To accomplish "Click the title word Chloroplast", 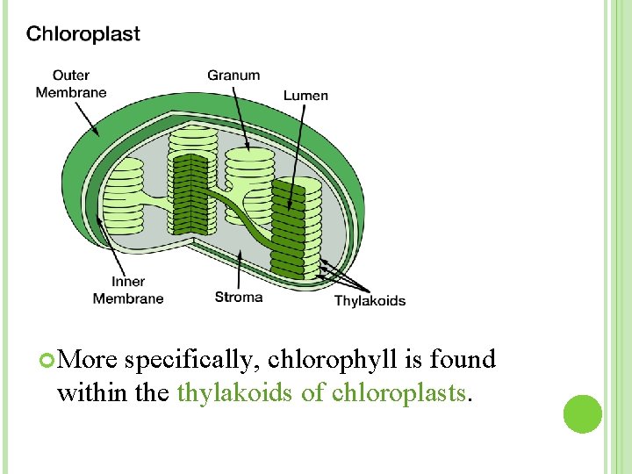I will click(x=83, y=35).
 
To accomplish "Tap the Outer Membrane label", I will click(x=71, y=83).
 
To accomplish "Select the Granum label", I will click(x=233, y=75).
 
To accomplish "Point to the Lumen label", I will click(x=305, y=94).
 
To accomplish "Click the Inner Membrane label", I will click(x=128, y=291).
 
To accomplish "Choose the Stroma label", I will click(x=239, y=297).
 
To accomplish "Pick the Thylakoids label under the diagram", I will click(x=370, y=300).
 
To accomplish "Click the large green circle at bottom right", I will click(x=582, y=414).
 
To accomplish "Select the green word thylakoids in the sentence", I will click(x=235, y=391).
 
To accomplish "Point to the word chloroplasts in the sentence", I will click(x=399, y=391).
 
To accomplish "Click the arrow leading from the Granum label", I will click(x=243, y=114).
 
